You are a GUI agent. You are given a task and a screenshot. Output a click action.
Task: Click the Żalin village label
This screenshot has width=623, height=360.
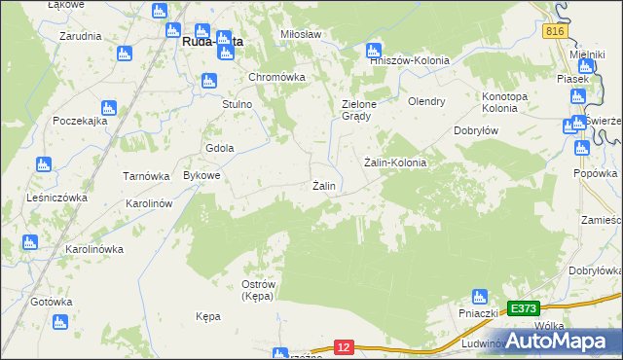click(324, 186)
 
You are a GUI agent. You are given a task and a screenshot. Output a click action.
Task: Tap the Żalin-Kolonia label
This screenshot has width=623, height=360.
click(394, 162)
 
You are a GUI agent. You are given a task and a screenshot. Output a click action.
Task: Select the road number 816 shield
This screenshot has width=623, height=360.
click(554, 32)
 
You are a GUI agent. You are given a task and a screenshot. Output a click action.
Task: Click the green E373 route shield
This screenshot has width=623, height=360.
click(523, 308)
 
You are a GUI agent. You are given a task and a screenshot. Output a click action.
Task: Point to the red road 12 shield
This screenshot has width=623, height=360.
click(343, 346)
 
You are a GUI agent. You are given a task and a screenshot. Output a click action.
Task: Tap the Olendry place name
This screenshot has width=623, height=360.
click(426, 101)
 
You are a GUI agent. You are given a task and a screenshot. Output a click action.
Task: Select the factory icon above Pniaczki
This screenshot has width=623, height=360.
click(478, 296)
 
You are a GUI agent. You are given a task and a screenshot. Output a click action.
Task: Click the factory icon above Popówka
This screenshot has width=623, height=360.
click(582, 149)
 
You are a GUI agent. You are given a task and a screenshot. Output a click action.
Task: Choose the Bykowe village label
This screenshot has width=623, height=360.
click(202, 176)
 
